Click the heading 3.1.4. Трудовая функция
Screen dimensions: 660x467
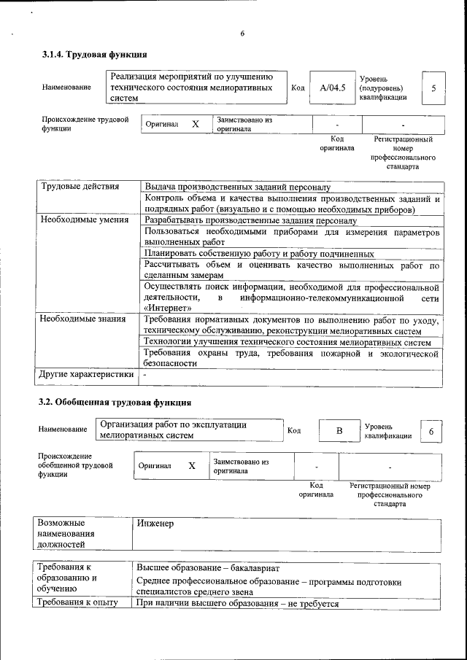click(x=95, y=55)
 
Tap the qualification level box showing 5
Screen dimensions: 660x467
click(x=433, y=88)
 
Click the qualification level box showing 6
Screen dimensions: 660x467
click(x=431, y=431)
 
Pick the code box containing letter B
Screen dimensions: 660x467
click(x=339, y=431)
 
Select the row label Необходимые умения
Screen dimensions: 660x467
click(x=85, y=220)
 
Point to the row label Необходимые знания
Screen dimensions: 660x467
click(x=83, y=319)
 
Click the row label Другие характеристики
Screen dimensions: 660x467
click(x=87, y=374)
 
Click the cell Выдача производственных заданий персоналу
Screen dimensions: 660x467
click(x=238, y=187)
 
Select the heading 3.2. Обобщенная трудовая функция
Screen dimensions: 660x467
click(x=115, y=402)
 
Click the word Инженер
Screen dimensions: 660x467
click(x=155, y=524)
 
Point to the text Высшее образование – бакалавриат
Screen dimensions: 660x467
click(x=208, y=568)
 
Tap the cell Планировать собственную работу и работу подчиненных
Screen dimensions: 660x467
click(x=259, y=253)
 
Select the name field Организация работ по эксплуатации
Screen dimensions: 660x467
click(x=174, y=424)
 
